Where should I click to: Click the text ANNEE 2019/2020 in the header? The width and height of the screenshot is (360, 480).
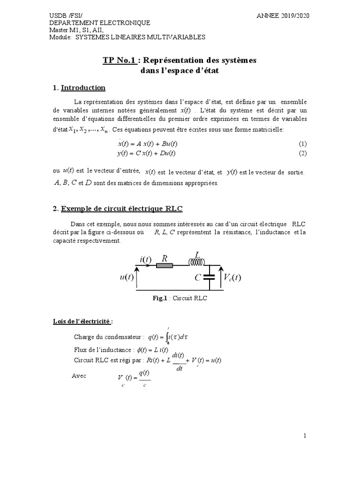(283, 15)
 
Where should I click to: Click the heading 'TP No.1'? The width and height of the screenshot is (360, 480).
(119, 60)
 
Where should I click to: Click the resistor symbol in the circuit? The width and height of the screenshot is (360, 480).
(165, 265)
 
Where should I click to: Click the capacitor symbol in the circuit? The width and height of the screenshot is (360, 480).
(209, 277)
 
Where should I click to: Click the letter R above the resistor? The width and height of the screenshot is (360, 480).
(165, 258)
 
